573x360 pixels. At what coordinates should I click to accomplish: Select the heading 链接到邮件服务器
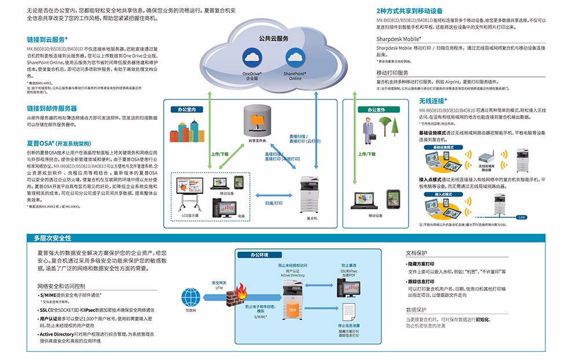52,108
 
